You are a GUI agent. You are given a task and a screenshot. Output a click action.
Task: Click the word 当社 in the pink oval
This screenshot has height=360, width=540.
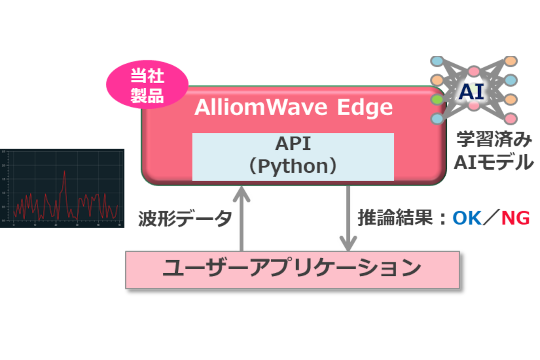pyautogui.click(x=147, y=76)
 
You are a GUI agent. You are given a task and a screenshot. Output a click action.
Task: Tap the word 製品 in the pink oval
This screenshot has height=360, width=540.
pyautogui.click(x=147, y=96)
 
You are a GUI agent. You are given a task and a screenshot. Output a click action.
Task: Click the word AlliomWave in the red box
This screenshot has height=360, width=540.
pyautogui.click(x=261, y=107)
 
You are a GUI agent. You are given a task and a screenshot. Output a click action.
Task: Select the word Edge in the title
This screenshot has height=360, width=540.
pyautogui.click(x=365, y=108)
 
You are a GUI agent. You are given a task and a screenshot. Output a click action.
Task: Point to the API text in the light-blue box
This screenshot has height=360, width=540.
pyautogui.click(x=293, y=144)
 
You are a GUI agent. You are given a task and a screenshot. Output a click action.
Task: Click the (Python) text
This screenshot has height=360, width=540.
pyautogui.click(x=293, y=166)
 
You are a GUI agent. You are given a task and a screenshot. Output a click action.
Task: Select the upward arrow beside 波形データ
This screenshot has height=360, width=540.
pyautogui.click(x=241, y=219)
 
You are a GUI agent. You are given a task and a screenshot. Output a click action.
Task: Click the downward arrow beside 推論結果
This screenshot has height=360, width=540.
pyautogui.click(x=348, y=219)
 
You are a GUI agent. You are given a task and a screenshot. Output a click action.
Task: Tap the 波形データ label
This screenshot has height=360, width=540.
pyautogui.click(x=185, y=219)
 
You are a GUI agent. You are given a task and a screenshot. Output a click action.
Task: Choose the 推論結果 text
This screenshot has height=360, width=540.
pyautogui.click(x=395, y=218)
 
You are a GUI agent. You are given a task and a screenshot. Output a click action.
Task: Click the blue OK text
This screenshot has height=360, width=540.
pyautogui.click(x=467, y=218)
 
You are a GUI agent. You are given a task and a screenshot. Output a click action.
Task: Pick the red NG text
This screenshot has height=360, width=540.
pyautogui.click(x=516, y=218)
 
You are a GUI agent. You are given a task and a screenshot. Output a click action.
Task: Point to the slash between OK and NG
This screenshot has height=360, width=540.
pyautogui.click(x=491, y=218)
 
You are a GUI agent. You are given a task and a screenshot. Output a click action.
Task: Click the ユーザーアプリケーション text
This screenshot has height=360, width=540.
pyautogui.click(x=292, y=268)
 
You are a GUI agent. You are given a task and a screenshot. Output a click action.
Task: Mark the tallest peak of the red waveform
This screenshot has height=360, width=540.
pyautogui.click(x=64, y=171)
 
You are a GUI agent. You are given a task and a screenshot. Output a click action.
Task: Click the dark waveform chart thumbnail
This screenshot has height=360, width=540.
pyautogui.click(x=62, y=188)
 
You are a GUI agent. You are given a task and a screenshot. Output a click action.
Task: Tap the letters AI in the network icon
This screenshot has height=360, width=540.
pyautogui.click(x=471, y=92)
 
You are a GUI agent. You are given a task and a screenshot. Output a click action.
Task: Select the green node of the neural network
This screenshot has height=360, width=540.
pyautogui.click(x=437, y=100)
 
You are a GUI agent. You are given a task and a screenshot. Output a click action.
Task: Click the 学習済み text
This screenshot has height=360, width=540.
pyautogui.click(x=494, y=140)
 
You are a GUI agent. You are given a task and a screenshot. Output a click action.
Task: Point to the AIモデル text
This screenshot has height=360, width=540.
pyautogui.click(x=494, y=162)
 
